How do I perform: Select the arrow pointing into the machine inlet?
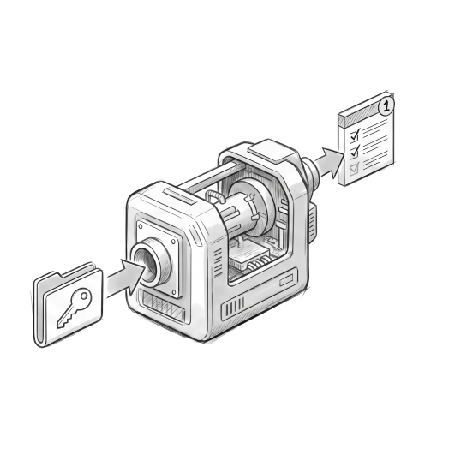126,278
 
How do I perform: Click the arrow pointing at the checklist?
330,163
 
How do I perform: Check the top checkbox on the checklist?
355,135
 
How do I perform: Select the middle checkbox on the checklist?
355,152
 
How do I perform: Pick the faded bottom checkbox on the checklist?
354,169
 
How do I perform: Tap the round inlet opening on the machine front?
147,264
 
